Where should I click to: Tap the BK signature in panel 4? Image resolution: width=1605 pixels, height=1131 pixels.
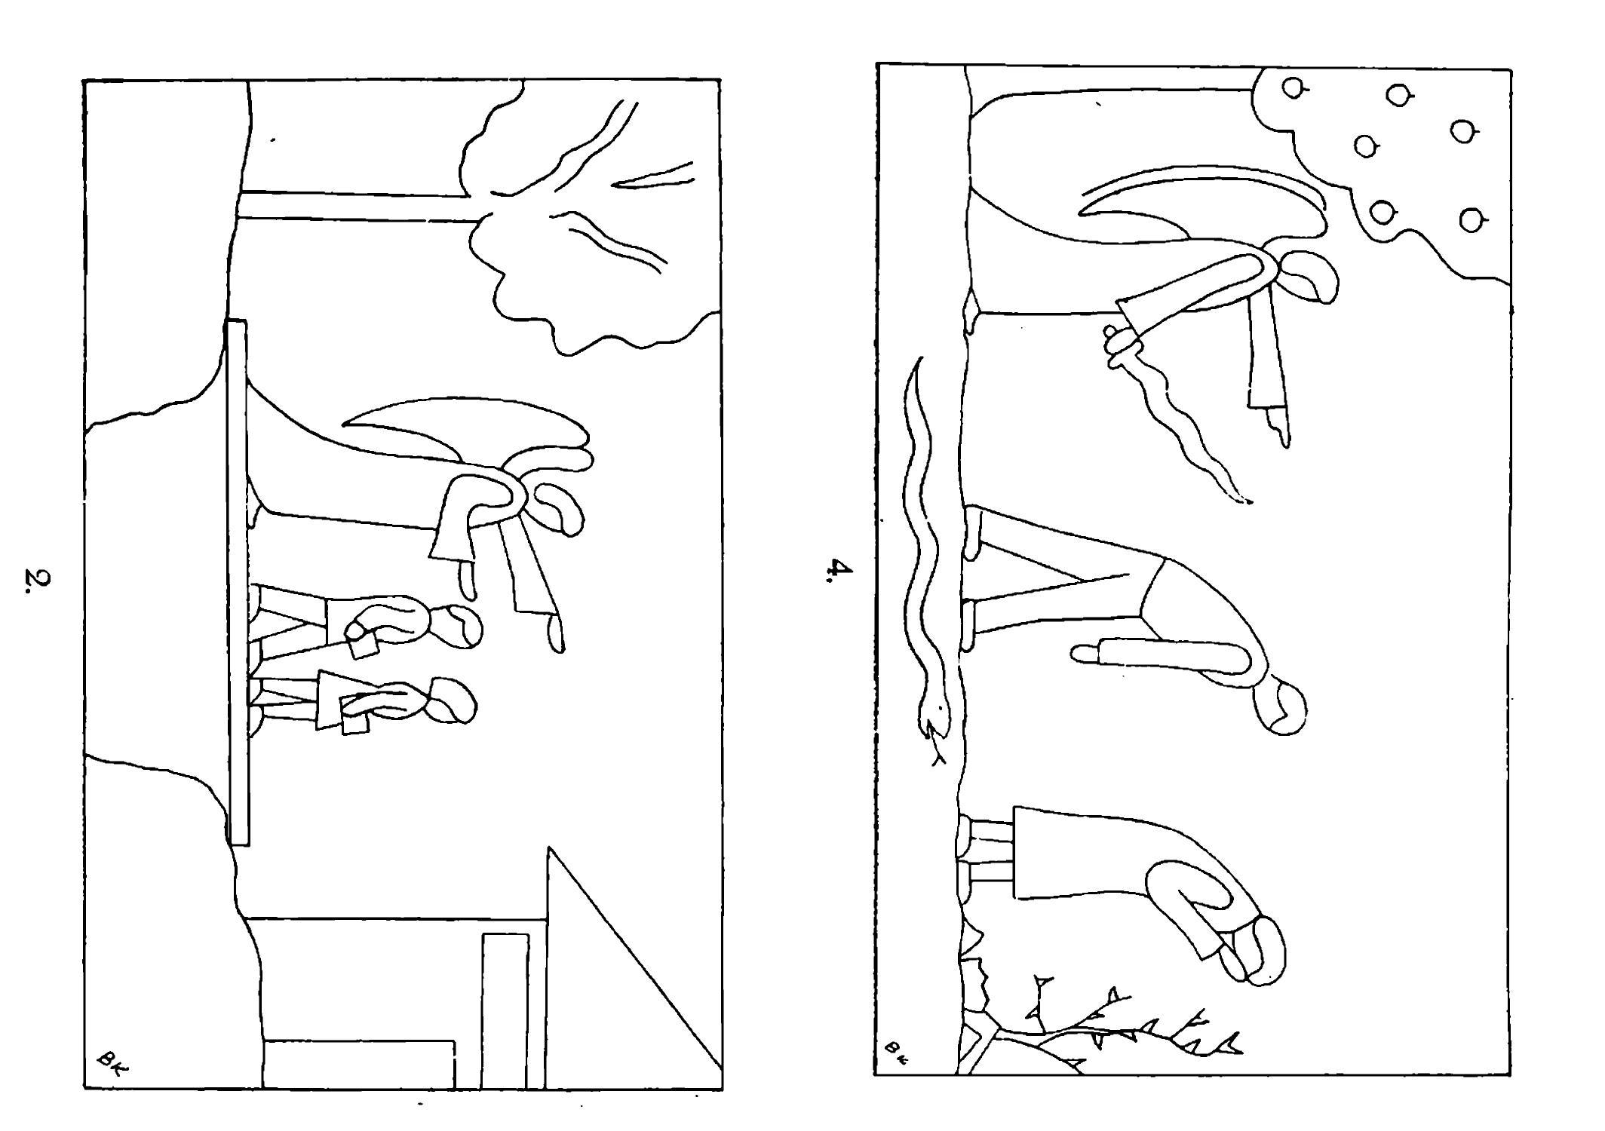pyautogui.click(x=895, y=1049)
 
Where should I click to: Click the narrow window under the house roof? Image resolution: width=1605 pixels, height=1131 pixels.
pyautogui.click(x=505, y=1010)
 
